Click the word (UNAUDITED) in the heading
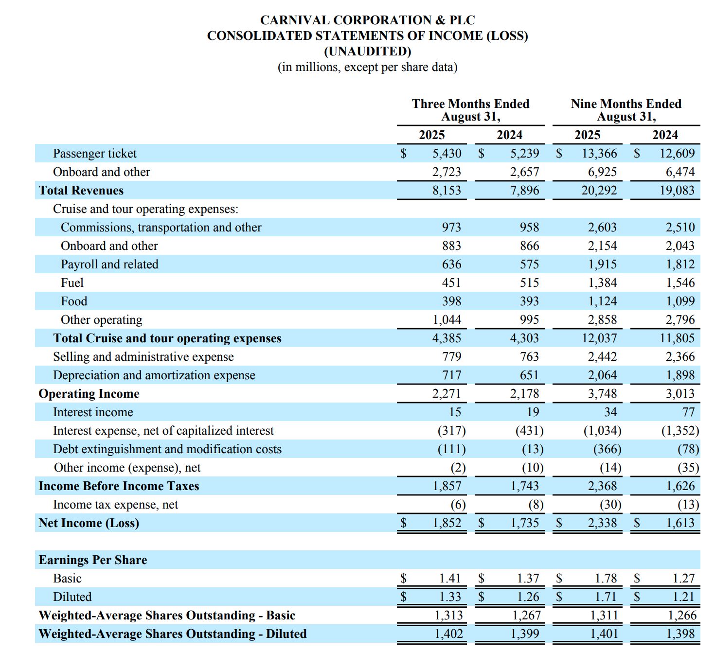(x=367, y=51)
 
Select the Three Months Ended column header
(x=470, y=104)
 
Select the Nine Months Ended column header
(x=626, y=104)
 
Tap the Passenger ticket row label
(x=95, y=154)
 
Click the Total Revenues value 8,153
(x=447, y=191)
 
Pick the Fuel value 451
(x=451, y=283)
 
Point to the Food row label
(x=74, y=301)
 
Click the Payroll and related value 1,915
(x=602, y=264)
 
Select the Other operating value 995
(x=529, y=320)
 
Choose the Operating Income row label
(x=89, y=394)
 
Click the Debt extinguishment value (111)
(x=451, y=449)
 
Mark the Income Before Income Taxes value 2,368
(x=602, y=486)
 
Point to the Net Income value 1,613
(x=680, y=523)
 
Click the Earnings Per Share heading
(x=93, y=560)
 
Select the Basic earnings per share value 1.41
(x=450, y=579)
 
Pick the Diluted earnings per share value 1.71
(x=606, y=597)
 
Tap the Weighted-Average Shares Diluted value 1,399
(x=525, y=634)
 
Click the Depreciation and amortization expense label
(x=154, y=375)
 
